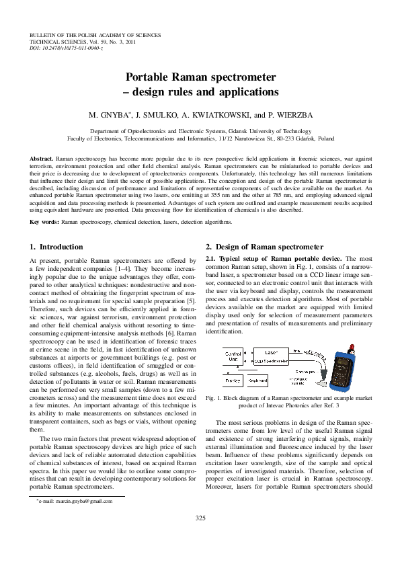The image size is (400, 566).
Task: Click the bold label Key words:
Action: [45, 221]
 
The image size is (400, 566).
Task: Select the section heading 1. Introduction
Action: [57, 247]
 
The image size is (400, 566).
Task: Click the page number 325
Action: [200, 517]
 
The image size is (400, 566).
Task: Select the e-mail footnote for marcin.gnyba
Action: [76, 501]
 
